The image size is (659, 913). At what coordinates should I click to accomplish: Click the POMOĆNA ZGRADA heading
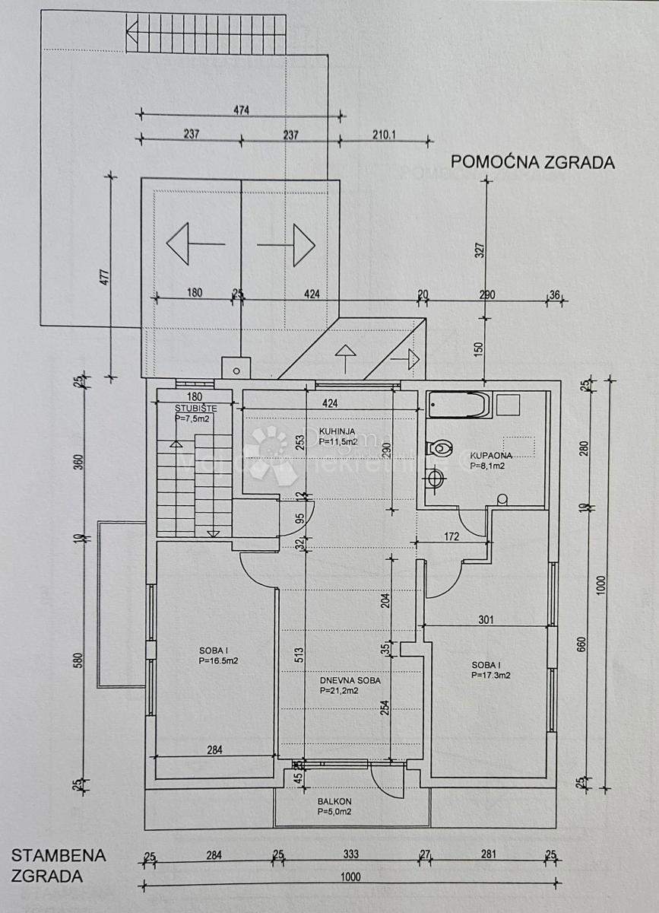532,162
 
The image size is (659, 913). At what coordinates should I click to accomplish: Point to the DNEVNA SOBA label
350,681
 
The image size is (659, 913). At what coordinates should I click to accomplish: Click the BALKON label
334,802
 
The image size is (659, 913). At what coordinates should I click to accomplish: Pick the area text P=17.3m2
490,675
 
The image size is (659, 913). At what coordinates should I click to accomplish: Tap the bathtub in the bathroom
458,405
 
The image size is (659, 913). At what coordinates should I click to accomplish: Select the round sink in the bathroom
436,479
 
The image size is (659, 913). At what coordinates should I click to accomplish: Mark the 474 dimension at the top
242,110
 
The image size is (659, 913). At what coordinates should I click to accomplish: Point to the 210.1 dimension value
385,135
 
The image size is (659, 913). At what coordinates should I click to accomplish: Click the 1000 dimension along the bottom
350,876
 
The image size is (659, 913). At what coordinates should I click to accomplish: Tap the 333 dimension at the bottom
350,855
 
